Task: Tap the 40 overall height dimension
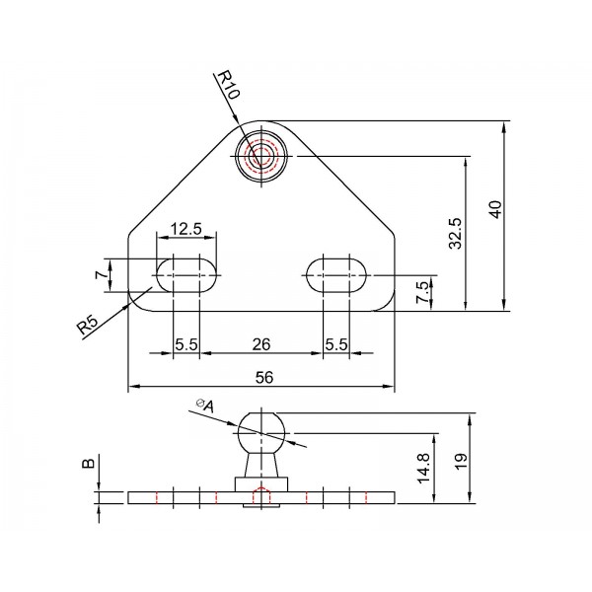click(x=495, y=209)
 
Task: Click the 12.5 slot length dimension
click(x=186, y=229)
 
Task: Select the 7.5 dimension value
click(x=422, y=292)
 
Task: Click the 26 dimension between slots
click(x=262, y=344)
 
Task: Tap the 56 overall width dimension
click(x=263, y=376)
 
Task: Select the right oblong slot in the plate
click(x=336, y=274)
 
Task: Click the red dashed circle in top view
click(x=262, y=155)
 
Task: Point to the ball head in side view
click(x=262, y=430)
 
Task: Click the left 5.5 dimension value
click(x=186, y=344)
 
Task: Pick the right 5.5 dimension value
click(x=336, y=344)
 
